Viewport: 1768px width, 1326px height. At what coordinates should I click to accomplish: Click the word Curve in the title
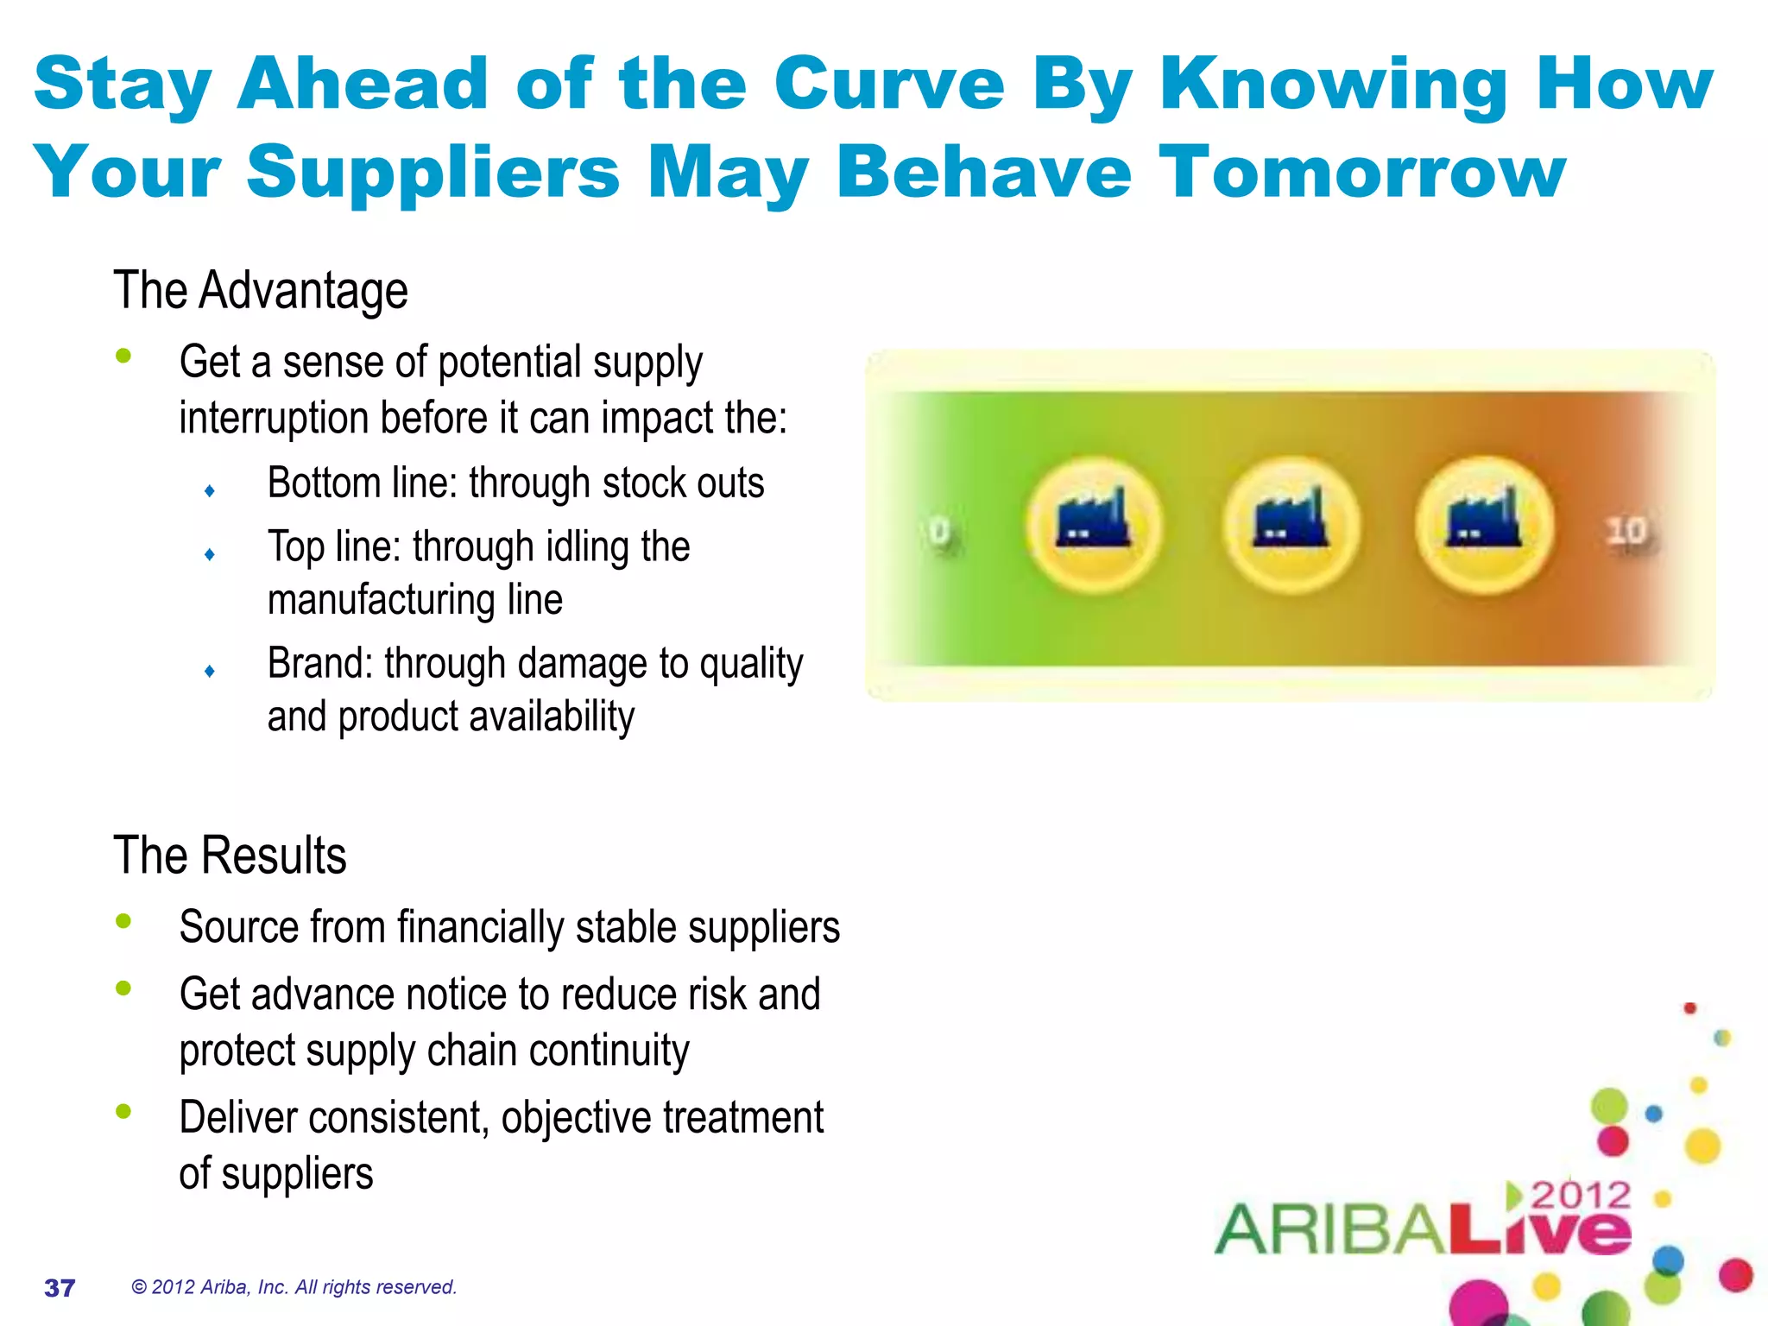tap(888, 84)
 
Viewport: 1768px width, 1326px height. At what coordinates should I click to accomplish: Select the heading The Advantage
tap(260, 290)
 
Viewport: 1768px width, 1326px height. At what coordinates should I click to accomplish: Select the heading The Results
tap(230, 856)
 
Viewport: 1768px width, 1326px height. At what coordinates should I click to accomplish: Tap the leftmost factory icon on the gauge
tap(1094, 524)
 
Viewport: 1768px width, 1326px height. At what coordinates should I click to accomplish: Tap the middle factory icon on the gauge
tap(1291, 524)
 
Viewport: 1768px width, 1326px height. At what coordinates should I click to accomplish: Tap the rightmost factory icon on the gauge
tap(1485, 524)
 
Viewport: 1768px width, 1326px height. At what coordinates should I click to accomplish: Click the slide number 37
tap(60, 1288)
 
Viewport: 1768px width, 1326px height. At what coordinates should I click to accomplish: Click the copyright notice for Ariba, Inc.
tap(294, 1287)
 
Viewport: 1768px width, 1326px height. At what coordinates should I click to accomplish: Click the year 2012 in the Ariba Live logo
tap(1581, 1196)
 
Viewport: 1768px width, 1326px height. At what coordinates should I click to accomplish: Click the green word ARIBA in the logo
tap(1329, 1230)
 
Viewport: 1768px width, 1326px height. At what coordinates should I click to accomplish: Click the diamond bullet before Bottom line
tap(210, 490)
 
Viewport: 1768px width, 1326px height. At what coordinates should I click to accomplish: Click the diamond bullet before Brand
tap(210, 671)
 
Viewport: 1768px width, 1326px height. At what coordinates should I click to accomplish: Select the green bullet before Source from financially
tap(123, 921)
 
